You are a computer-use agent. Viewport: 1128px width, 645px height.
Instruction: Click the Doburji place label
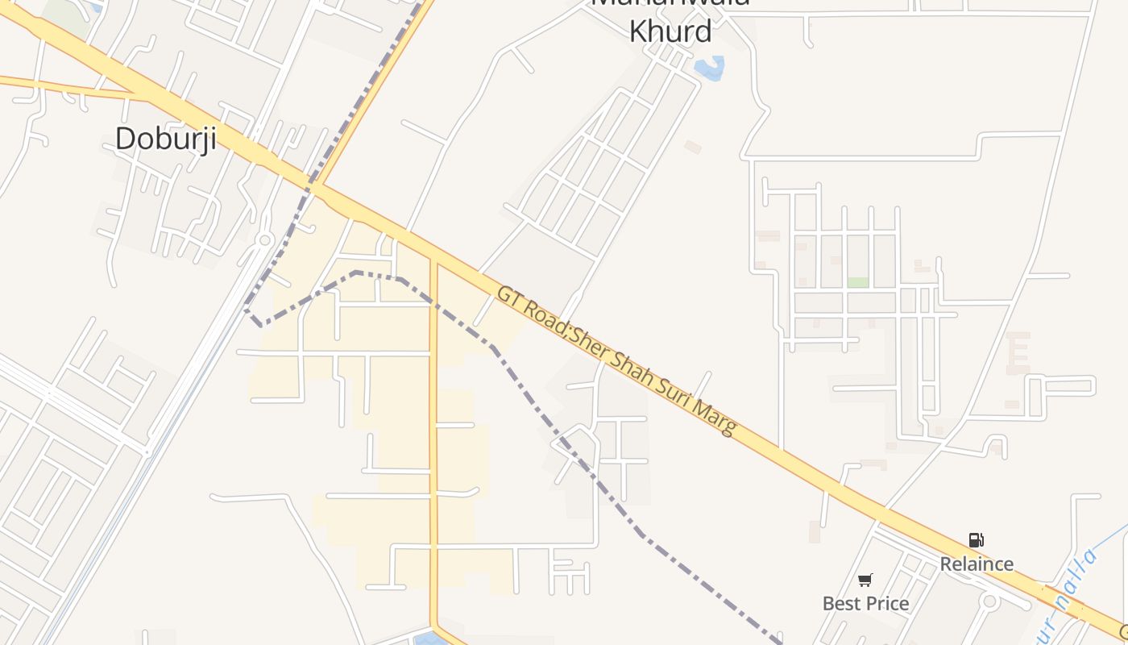(166, 139)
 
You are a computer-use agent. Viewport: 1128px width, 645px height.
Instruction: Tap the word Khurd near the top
(670, 31)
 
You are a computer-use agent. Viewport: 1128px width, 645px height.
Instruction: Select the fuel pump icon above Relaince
(976, 540)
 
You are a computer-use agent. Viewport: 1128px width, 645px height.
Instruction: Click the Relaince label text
(977, 564)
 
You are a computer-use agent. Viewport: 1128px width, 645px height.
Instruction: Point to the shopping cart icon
(865, 580)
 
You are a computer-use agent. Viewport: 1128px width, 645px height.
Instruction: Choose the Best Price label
(865, 603)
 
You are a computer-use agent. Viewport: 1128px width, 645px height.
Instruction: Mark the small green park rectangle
(857, 283)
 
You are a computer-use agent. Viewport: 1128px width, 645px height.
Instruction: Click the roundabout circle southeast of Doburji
(264, 239)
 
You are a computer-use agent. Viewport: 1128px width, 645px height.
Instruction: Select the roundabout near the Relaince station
(989, 601)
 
